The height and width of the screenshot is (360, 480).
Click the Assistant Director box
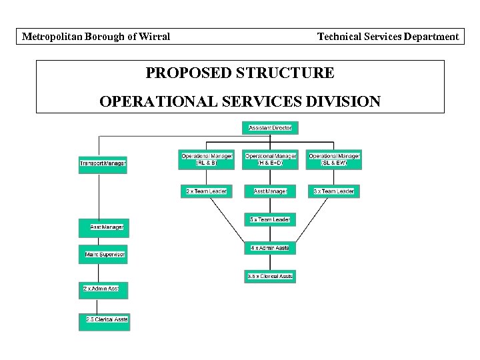coord(270,127)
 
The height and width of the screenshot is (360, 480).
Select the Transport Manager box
coord(103,163)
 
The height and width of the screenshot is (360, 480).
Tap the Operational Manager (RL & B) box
coord(207,159)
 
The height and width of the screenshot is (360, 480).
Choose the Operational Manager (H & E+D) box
coord(269,159)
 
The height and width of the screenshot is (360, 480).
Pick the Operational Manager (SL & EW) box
coord(334,159)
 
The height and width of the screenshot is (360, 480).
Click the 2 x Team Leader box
coord(207,191)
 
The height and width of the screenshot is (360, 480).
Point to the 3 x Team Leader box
coord(334,191)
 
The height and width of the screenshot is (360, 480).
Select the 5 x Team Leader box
coord(270,219)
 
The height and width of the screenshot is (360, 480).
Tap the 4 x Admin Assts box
coord(270,248)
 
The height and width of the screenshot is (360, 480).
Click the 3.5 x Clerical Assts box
coord(270,276)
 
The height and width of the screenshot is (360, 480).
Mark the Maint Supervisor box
coord(105,255)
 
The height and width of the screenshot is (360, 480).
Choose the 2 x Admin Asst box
coord(105,289)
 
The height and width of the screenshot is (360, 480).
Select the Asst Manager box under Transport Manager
coord(105,227)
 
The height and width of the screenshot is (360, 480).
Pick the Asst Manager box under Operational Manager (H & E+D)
coord(270,191)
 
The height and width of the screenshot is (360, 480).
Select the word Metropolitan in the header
coord(53,37)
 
